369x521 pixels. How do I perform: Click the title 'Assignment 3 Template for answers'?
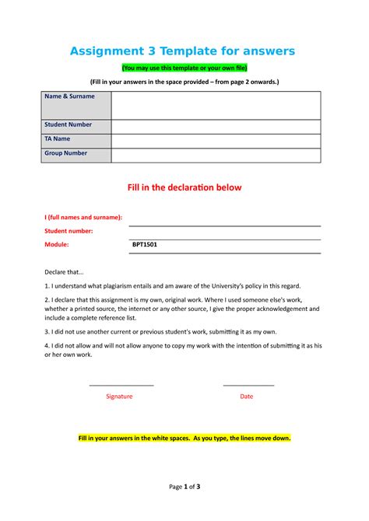pos(183,51)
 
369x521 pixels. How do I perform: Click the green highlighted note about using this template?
pos(184,68)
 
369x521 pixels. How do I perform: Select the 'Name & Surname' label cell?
pos(70,96)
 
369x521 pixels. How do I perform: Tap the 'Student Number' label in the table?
pos(69,124)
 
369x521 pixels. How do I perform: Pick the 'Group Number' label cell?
pos(66,153)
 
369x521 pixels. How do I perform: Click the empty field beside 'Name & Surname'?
pos(216,104)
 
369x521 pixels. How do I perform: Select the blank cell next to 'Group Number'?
pos(216,155)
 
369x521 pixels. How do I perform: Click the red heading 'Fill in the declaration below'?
pos(184,188)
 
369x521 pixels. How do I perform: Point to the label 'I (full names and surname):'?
pos(83,218)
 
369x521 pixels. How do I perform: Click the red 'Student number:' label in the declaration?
pos(69,231)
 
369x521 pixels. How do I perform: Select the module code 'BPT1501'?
pos(145,244)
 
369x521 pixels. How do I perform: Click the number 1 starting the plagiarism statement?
pos(46,286)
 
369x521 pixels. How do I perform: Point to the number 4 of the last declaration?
pos(46,344)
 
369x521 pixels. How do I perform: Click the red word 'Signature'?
pos(119,396)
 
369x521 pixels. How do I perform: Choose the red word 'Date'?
pos(247,396)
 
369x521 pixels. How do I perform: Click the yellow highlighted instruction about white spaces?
pos(184,439)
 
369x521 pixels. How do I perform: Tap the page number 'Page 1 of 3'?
pos(184,487)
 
